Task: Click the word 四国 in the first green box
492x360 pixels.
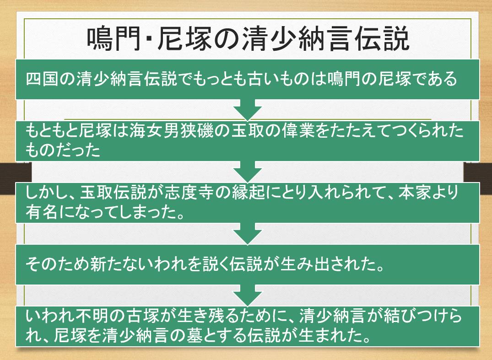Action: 43,79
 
